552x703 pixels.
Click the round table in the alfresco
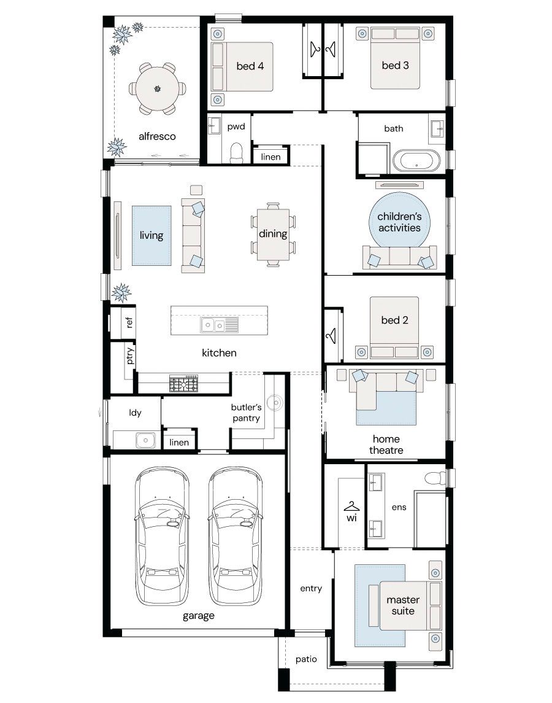pos(157,88)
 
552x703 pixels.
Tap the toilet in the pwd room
pos(236,153)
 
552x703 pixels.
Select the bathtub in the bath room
pos(416,160)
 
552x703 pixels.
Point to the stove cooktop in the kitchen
pos(183,383)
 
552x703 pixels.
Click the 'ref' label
pos(129,322)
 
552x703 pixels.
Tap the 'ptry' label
pos(129,355)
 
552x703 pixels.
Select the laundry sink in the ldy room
pos(145,440)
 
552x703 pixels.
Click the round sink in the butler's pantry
pos(274,403)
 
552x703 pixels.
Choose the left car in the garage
pos(162,536)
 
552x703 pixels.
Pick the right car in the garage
pos(235,536)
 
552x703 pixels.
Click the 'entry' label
pos(311,589)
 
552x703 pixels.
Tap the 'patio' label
pos(306,659)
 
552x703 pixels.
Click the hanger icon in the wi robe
pos(351,507)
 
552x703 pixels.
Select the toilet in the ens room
pos(435,478)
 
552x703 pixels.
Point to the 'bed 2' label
pos(395,320)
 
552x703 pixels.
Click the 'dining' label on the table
pos(273,233)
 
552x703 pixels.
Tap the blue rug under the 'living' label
pos(151,235)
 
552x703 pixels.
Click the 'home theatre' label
pos(386,445)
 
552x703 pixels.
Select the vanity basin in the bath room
pos(437,129)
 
